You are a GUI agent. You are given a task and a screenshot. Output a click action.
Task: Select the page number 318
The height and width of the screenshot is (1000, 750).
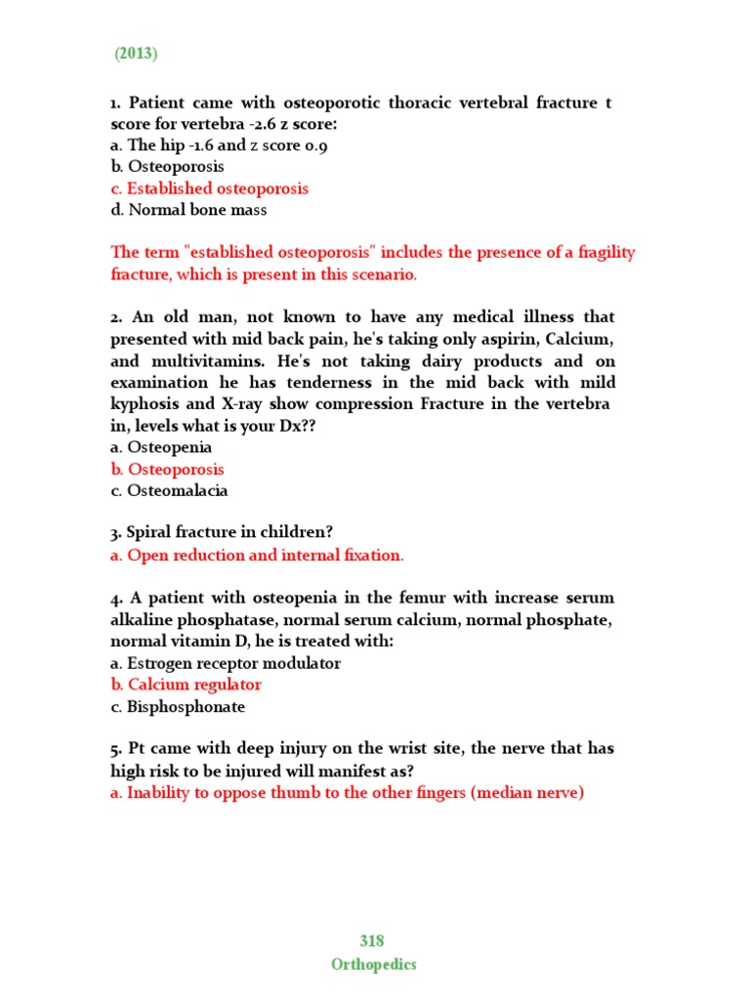[x=372, y=941]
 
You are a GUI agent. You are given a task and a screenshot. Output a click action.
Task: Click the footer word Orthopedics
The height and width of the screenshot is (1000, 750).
[x=373, y=964]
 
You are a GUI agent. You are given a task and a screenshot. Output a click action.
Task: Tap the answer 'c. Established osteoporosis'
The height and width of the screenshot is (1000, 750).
[x=209, y=188]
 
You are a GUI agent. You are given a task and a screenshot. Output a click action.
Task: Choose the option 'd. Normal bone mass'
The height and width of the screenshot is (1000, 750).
[x=188, y=210]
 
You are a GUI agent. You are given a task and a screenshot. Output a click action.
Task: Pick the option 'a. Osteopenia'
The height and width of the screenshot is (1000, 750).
[x=161, y=447]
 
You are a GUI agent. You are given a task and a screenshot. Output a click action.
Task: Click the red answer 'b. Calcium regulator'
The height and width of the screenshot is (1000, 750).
[x=186, y=685]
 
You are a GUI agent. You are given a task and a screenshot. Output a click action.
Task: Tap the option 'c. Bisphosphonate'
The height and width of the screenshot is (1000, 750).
[x=178, y=707]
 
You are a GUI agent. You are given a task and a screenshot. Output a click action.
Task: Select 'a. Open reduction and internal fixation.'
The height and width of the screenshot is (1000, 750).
[x=257, y=555]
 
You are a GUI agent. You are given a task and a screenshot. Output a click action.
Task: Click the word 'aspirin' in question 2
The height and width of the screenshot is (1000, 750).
[x=511, y=339]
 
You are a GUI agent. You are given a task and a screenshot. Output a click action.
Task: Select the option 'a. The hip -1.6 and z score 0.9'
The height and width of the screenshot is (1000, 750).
[x=219, y=146]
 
